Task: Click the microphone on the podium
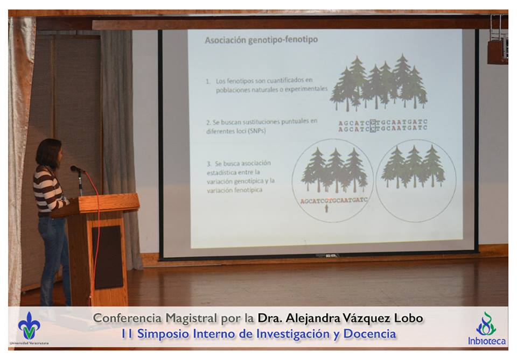pos(77,169)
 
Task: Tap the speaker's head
pos(50,153)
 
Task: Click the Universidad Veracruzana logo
pos(29,328)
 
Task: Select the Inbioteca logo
pos(486,328)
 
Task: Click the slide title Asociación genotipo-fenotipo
pos(261,40)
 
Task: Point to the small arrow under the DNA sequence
pos(326,208)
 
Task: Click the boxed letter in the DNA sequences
pos(373,125)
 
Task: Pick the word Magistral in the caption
pos(191,318)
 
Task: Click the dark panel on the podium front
pos(108,257)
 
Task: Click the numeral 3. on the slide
pos(209,164)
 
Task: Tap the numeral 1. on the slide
pos(208,81)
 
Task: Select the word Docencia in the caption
pos(369,334)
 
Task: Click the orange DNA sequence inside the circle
pos(334,200)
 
